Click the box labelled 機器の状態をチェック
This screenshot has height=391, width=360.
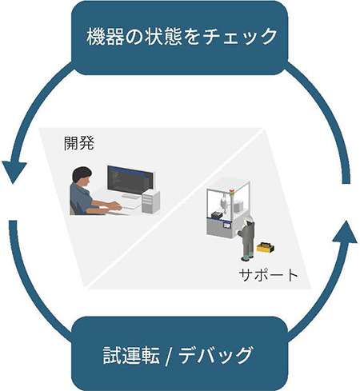pyautogui.click(x=180, y=35)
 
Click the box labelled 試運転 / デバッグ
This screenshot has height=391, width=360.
pyautogui.click(x=180, y=353)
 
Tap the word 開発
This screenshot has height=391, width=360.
pyautogui.click(x=78, y=144)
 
